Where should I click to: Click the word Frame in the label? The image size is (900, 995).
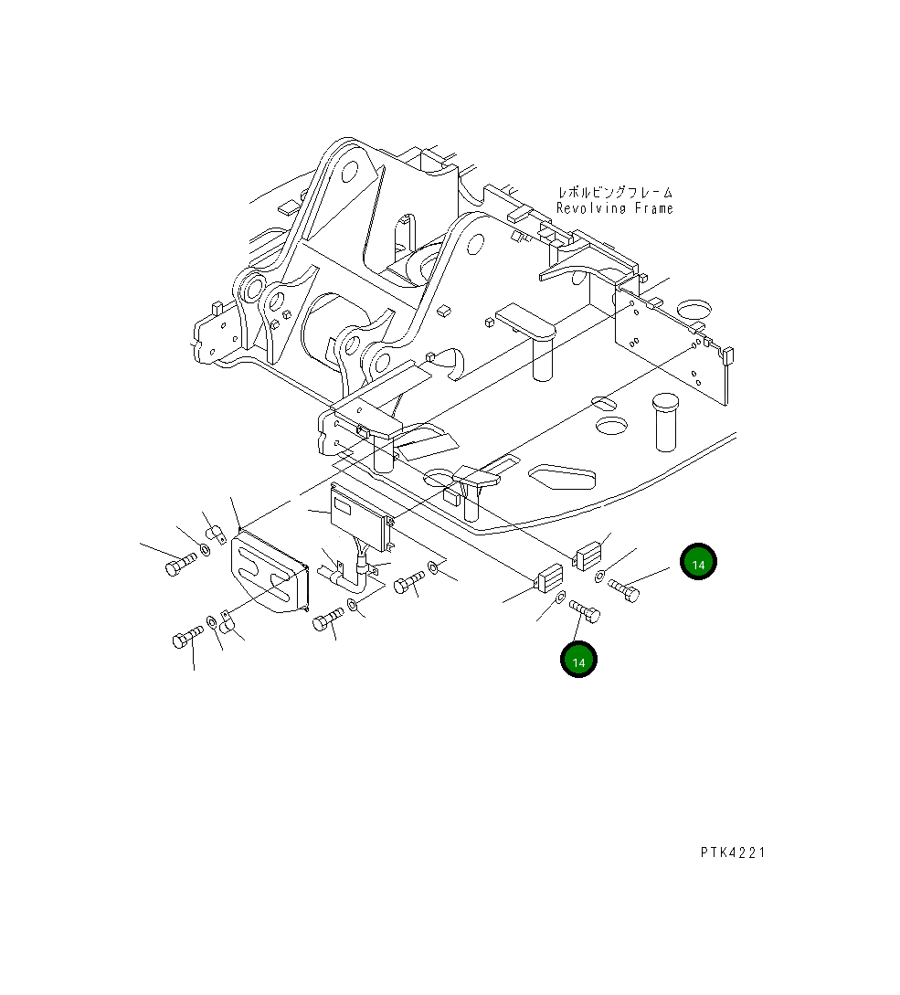(653, 208)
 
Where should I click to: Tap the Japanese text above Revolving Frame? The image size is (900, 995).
(615, 192)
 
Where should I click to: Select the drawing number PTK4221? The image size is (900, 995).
(733, 852)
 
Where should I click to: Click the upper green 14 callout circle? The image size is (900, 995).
(698, 562)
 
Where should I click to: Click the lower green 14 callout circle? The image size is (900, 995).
(578, 660)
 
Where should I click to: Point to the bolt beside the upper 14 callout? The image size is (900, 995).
(623, 590)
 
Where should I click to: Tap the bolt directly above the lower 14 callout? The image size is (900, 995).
(585, 611)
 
